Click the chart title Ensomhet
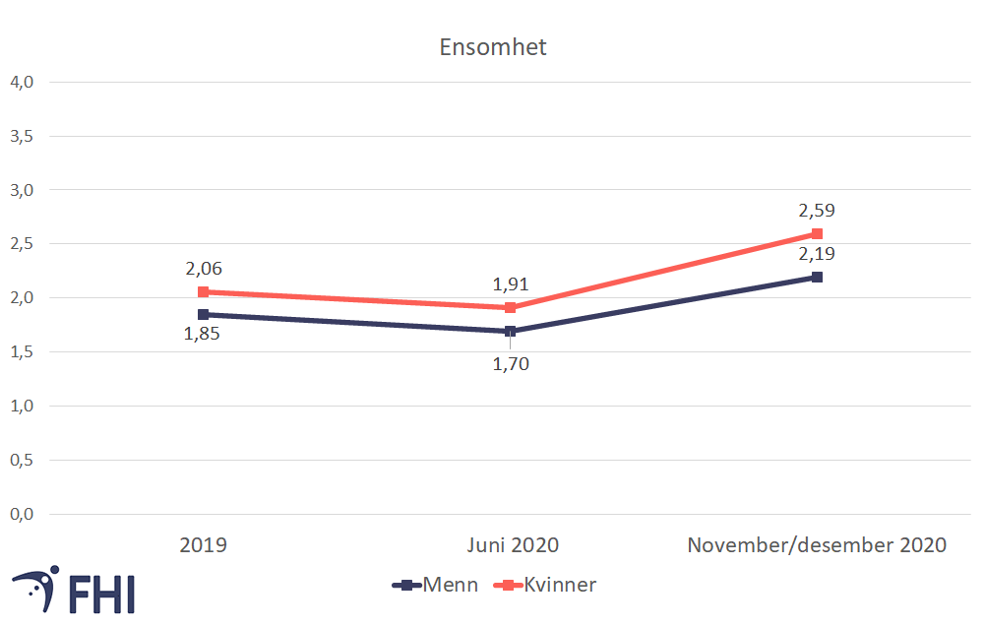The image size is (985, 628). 492,47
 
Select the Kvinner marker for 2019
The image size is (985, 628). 203,291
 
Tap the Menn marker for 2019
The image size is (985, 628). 203,314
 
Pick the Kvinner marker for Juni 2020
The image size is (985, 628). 510,307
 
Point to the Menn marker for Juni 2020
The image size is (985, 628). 510,331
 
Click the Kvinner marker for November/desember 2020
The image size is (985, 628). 817,234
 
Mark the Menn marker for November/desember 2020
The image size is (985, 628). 817,278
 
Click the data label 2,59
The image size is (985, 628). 817,210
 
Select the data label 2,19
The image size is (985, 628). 817,254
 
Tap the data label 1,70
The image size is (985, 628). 510,364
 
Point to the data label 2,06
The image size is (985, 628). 203,268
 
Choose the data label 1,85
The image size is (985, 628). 203,334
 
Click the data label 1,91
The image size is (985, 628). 510,284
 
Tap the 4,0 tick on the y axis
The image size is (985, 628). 21,82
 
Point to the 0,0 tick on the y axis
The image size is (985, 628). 21,514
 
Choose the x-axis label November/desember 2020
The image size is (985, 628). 817,544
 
